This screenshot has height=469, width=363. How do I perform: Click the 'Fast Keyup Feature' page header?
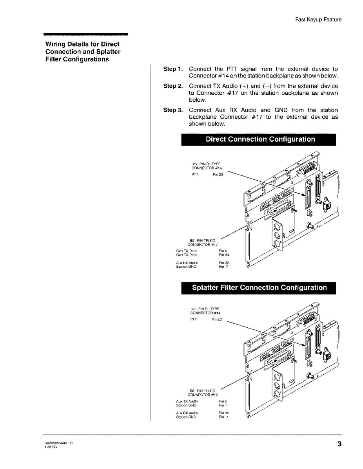pyautogui.click(x=318, y=20)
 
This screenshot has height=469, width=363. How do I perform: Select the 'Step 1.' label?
pyautogui.click(x=172, y=69)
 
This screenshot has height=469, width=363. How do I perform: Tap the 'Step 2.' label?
pyautogui.click(x=172, y=86)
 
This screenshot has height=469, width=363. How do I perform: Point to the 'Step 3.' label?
pyautogui.click(x=172, y=110)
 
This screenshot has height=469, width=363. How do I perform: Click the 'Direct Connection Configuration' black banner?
pyautogui.click(x=258, y=140)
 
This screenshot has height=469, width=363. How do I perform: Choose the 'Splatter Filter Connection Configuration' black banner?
pyautogui.click(x=258, y=288)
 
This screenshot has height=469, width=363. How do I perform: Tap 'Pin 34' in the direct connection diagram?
pyautogui.click(x=224, y=255)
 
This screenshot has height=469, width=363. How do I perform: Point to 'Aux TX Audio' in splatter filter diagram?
pyautogui.click(x=187, y=401)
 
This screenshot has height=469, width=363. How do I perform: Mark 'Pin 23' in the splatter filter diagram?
pyautogui.click(x=217, y=319)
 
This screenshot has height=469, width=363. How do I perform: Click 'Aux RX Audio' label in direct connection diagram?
pyautogui.click(x=187, y=263)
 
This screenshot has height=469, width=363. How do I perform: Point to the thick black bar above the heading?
pyautogui.click(x=86, y=34)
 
